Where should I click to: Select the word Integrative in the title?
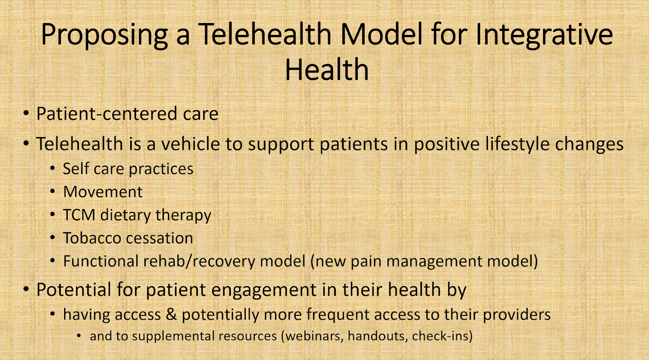pyautogui.click(x=544, y=34)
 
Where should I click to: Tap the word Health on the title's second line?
pyautogui.click(x=327, y=69)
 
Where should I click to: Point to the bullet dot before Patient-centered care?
pyautogui.click(x=26, y=113)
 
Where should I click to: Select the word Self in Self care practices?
pyautogui.click(x=74, y=168)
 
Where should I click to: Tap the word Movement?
pyautogui.click(x=103, y=192)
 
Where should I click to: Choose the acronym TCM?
pyautogui.click(x=79, y=215)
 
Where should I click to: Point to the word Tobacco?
pyautogui.click(x=92, y=238)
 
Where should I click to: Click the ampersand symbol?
pyautogui.click(x=171, y=315)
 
